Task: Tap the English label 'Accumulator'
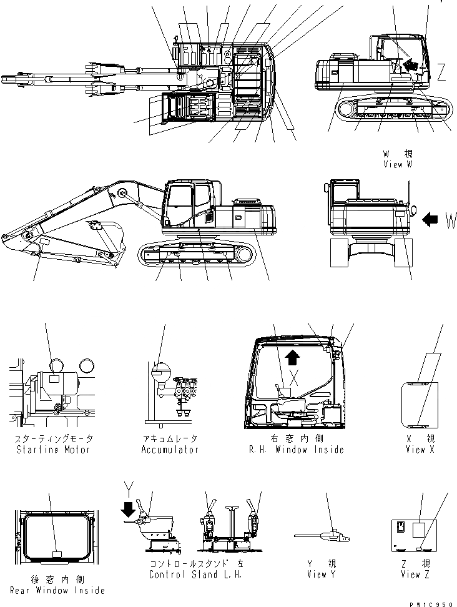point(169,449)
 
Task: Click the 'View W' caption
point(398,164)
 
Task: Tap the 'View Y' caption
point(318,575)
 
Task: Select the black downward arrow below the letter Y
point(129,510)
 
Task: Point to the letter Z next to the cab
point(441,74)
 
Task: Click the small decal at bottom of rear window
point(57,553)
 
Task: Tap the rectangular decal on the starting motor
point(54,378)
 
